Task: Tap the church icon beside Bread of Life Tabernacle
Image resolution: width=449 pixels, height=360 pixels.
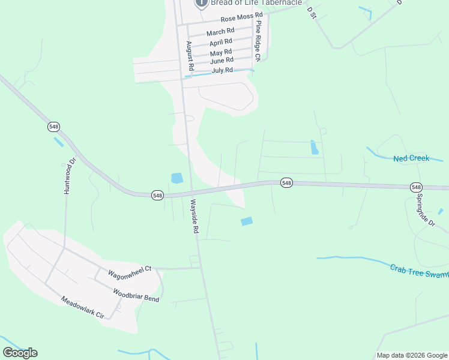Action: pos(201,3)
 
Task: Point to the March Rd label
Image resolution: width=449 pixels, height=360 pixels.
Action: pos(220,32)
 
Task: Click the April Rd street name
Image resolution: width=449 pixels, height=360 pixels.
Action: pos(220,43)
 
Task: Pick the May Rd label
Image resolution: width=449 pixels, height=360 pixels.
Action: pos(221,53)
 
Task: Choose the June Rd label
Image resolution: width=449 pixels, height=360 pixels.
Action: pos(221,61)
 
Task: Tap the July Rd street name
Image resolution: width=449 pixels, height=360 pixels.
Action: pos(222,71)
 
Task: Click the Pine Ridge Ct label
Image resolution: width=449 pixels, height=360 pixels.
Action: pos(258,41)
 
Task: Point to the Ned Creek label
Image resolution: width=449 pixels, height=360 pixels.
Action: pos(411,158)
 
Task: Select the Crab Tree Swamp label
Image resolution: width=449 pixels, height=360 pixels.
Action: pos(419,271)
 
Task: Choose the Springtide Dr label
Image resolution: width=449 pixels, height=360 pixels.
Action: pos(425,210)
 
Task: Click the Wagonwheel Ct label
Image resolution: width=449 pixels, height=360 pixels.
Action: pos(130,274)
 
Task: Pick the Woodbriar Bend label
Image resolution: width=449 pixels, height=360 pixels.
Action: pos(136,295)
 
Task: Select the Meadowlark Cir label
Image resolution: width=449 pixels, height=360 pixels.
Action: pos(83,307)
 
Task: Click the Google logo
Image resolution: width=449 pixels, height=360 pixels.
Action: pos(20,353)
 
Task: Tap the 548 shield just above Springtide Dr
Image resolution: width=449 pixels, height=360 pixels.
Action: pos(417,187)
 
